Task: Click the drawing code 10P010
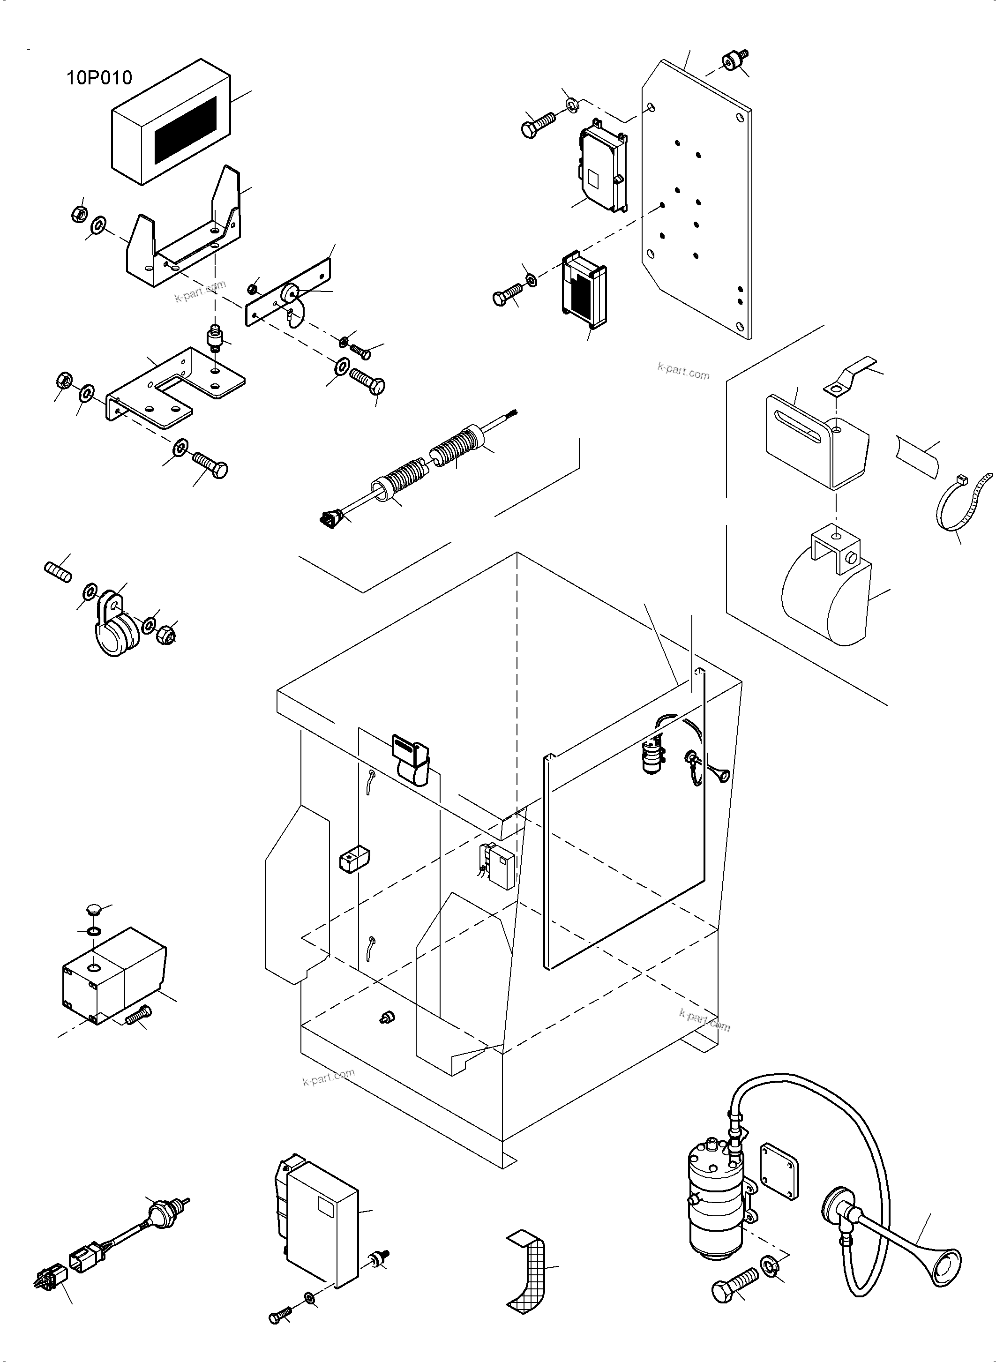click(99, 78)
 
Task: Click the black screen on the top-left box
click(185, 130)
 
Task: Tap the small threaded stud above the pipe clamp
click(59, 571)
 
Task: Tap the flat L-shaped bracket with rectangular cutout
click(175, 386)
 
